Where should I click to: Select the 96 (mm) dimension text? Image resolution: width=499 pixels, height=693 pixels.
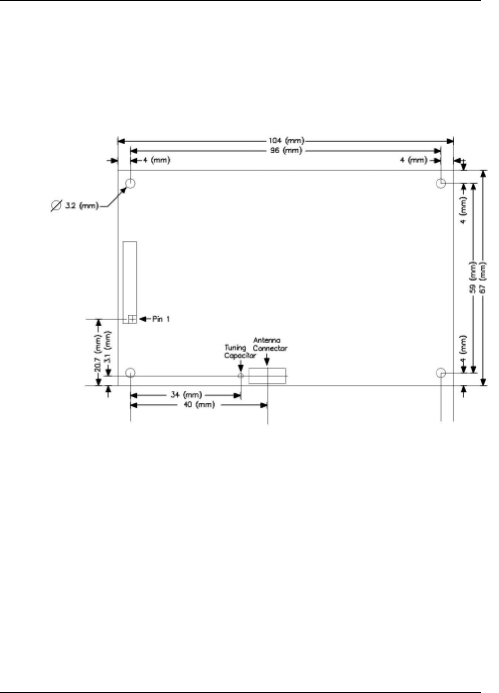tap(286, 151)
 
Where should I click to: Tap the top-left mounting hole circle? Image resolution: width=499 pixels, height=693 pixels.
tap(130, 184)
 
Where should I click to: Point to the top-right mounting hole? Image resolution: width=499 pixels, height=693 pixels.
tap(441, 184)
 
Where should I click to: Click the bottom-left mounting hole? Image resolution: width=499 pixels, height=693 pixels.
tap(130, 373)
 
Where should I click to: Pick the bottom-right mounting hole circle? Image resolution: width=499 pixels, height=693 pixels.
tap(441, 373)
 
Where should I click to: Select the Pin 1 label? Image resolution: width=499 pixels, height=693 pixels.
tap(161, 319)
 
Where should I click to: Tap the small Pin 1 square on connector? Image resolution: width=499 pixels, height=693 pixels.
tap(132, 319)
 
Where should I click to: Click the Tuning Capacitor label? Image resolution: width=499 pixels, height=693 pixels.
tap(239, 352)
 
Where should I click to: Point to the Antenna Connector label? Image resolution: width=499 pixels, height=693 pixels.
tap(269, 344)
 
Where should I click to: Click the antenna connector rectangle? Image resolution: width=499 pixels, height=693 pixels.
tap(267, 376)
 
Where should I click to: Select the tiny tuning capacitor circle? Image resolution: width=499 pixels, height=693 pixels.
tap(241, 376)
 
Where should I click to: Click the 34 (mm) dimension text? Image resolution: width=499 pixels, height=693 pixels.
tap(186, 395)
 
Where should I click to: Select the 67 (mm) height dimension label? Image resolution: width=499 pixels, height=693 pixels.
tap(484, 278)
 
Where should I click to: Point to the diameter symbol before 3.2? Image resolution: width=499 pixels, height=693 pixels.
tap(56, 206)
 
